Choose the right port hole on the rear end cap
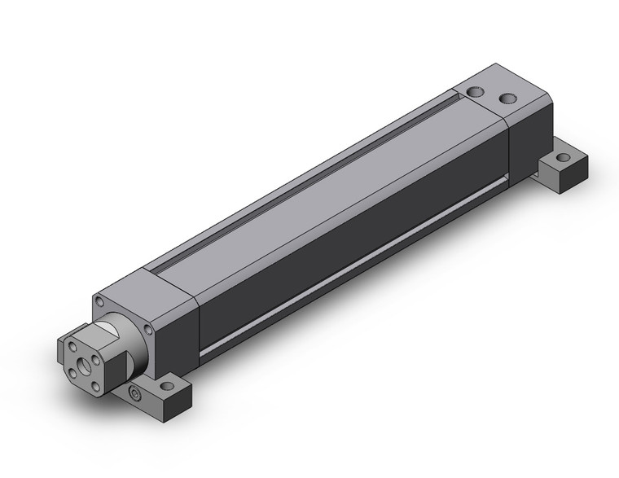(508, 99)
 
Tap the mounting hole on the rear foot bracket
(561, 158)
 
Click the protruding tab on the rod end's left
(63, 350)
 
